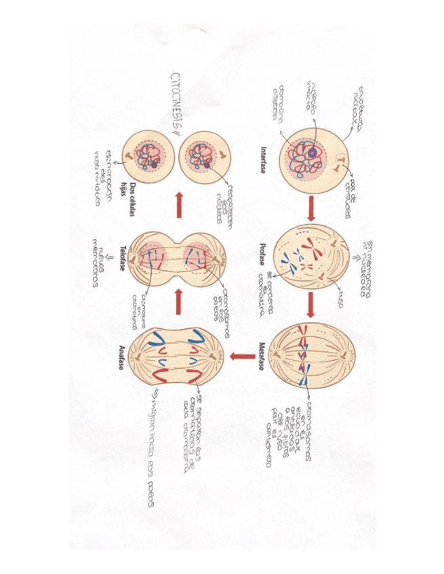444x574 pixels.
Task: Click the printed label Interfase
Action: pos(262,160)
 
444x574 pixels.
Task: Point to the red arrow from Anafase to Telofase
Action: pos(179,303)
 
